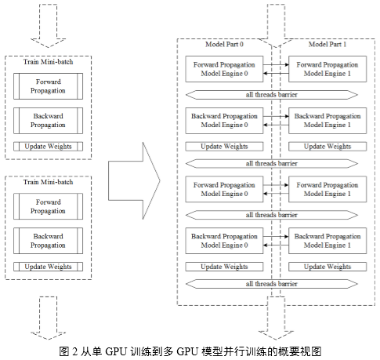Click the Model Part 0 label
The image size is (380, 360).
tap(224, 44)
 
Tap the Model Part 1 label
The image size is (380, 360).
tap(328, 44)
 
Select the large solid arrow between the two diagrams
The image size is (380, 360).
tap(134, 180)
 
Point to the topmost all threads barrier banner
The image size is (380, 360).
tap(272, 95)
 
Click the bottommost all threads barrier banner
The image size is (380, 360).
tap(272, 284)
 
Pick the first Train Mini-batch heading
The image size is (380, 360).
tap(48, 62)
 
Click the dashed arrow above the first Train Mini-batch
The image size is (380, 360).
tap(48, 26)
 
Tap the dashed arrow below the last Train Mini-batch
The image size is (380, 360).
tap(48, 318)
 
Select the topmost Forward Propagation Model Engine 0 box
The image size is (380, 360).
tap(224, 69)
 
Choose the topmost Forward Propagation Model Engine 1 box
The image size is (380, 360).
tap(328, 69)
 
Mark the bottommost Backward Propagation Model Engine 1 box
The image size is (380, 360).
tap(328, 241)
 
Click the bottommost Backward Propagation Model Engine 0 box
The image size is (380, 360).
tap(224, 241)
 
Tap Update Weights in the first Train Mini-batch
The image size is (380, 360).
tap(48, 147)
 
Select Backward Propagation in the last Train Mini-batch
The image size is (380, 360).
tap(48, 241)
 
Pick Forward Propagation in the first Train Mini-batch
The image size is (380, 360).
tap(48, 86)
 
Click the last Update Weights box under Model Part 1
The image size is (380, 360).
tap(328, 267)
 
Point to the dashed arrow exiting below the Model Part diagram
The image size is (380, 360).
tap(276, 318)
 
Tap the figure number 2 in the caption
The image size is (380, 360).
tap(75, 351)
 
